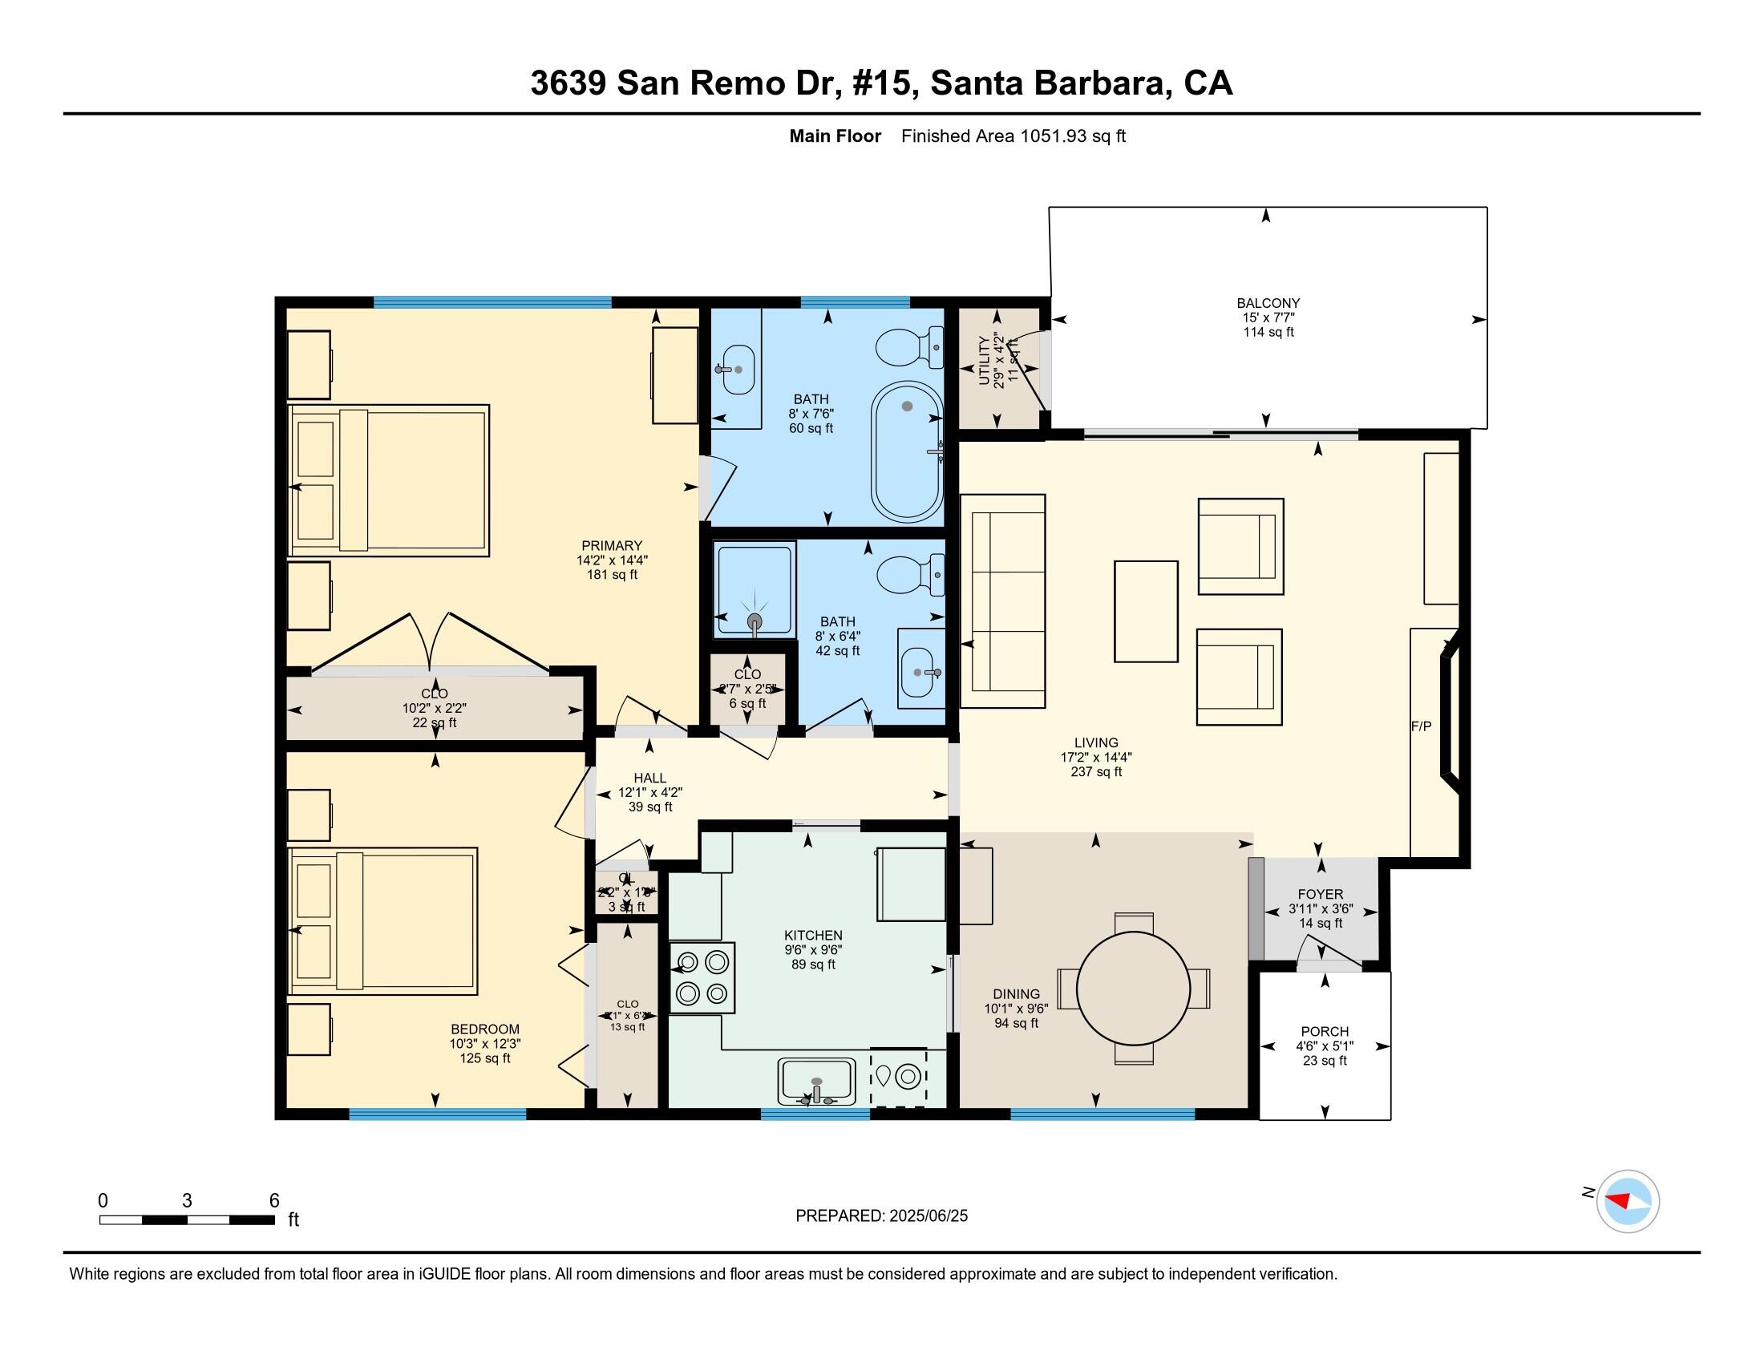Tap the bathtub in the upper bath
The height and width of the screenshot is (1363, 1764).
pos(907,452)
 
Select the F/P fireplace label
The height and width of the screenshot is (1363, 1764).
pos(1421,726)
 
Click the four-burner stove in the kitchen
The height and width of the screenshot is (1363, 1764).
pos(702,978)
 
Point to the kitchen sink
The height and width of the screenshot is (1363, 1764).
pos(815,1082)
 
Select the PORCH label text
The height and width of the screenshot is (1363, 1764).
pos(1325,1032)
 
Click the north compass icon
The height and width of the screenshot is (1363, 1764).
pos(1627,1202)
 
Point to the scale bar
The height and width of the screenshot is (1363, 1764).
pos(187,1219)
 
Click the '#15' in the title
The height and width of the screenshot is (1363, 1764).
pos(884,83)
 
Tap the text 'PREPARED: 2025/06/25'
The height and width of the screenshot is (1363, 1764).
pos(881,1216)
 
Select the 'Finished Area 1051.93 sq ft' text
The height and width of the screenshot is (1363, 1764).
pos(1013,136)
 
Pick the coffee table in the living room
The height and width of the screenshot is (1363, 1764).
pos(1145,611)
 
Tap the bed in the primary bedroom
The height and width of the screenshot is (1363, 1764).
pos(390,480)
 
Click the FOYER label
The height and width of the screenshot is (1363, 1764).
pos(1321,895)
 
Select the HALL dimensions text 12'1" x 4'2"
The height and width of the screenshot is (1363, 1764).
pos(650,793)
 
